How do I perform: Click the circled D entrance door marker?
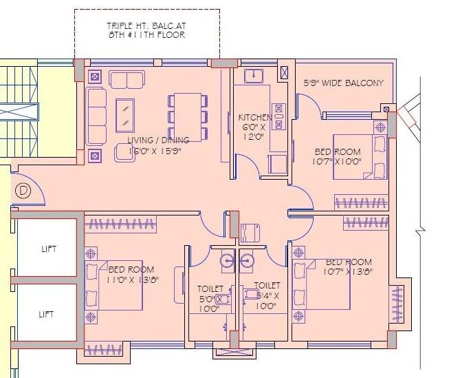click(x=23, y=189)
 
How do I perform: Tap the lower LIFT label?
click(x=46, y=313)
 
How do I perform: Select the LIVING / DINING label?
click(x=158, y=140)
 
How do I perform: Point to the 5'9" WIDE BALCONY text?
click(x=344, y=83)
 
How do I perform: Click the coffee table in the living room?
click(x=125, y=115)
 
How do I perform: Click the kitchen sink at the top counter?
click(x=255, y=74)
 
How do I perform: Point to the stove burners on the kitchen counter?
click(x=278, y=116)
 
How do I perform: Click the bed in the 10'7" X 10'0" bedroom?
click(x=360, y=156)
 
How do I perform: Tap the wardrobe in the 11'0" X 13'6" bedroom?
click(x=121, y=222)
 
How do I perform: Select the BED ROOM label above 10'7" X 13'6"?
click(x=349, y=262)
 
